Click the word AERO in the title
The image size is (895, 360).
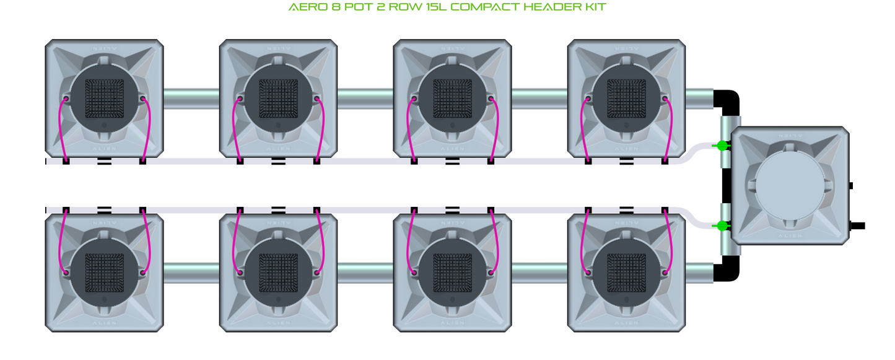(303, 7)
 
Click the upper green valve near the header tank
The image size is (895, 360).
(722, 146)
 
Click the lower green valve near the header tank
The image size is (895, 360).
(722, 226)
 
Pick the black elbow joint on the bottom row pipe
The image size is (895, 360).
(727, 270)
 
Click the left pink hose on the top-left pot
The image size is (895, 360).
(60, 130)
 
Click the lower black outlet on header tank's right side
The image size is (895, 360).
(857, 226)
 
